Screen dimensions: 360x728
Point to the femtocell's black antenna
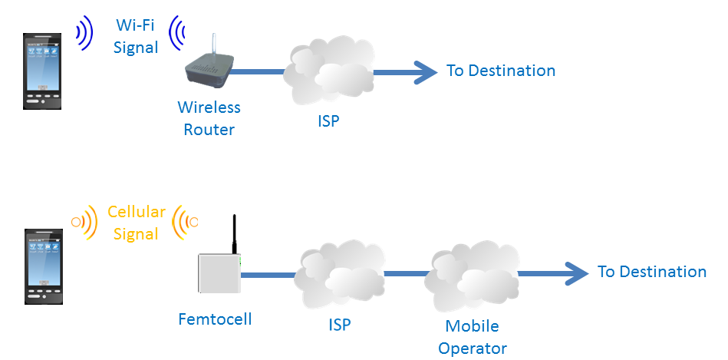[x=235, y=234]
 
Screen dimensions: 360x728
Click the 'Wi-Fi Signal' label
[x=136, y=35]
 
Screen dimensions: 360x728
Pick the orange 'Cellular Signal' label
[x=136, y=223]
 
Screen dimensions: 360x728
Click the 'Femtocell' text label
[x=214, y=318]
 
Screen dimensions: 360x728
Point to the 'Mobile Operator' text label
[x=473, y=336]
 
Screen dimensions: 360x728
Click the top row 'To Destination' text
[x=501, y=71]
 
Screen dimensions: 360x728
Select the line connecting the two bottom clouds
[x=406, y=272]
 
